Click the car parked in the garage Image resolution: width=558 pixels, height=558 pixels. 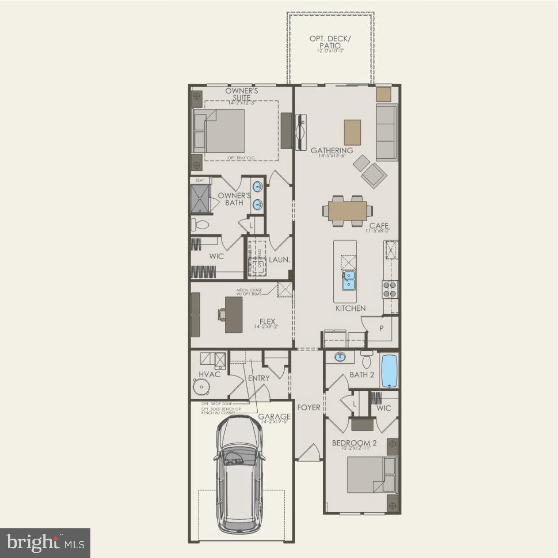pos(239,474)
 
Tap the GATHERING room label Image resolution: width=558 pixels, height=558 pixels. pos(332,151)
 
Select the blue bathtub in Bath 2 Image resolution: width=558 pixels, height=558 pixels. pos(389,371)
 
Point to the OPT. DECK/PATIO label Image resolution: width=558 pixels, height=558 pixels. pos(330,42)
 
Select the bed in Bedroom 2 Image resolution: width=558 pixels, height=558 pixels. pos(371,474)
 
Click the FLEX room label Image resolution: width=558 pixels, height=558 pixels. pos(267,322)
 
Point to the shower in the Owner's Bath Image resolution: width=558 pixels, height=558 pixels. pos(199,198)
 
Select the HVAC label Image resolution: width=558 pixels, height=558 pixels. pos(210,374)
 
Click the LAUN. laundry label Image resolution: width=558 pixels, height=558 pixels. pos(279,260)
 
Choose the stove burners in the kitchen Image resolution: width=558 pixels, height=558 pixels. pos(390,289)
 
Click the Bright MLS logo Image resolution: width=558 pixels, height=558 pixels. pos(45,543)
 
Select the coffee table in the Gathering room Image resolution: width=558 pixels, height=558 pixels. pos(353,132)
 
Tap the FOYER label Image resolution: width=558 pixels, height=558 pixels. pos(309,407)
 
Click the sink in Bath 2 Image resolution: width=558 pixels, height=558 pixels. pos(339,357)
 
